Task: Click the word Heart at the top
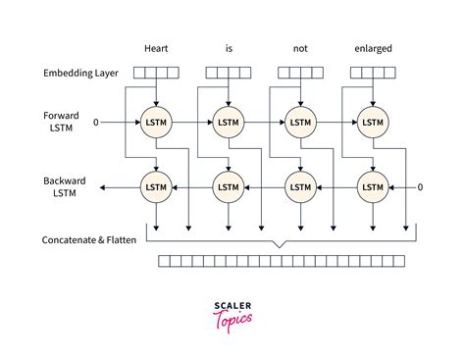[156, 47]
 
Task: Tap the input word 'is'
[228, 47]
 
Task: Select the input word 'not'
[299, 47]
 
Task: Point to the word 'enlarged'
[371, 47]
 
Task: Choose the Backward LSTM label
[62, 186]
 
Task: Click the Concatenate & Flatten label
[89, 240]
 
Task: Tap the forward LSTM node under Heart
[156, 123]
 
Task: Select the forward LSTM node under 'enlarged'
[371, 123]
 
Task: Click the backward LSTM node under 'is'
[228, 186]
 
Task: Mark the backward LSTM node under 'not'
[299, 186]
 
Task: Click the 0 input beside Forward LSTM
[96, 123]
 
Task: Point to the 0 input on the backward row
[420, 186]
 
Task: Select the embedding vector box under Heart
[156, 72]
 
